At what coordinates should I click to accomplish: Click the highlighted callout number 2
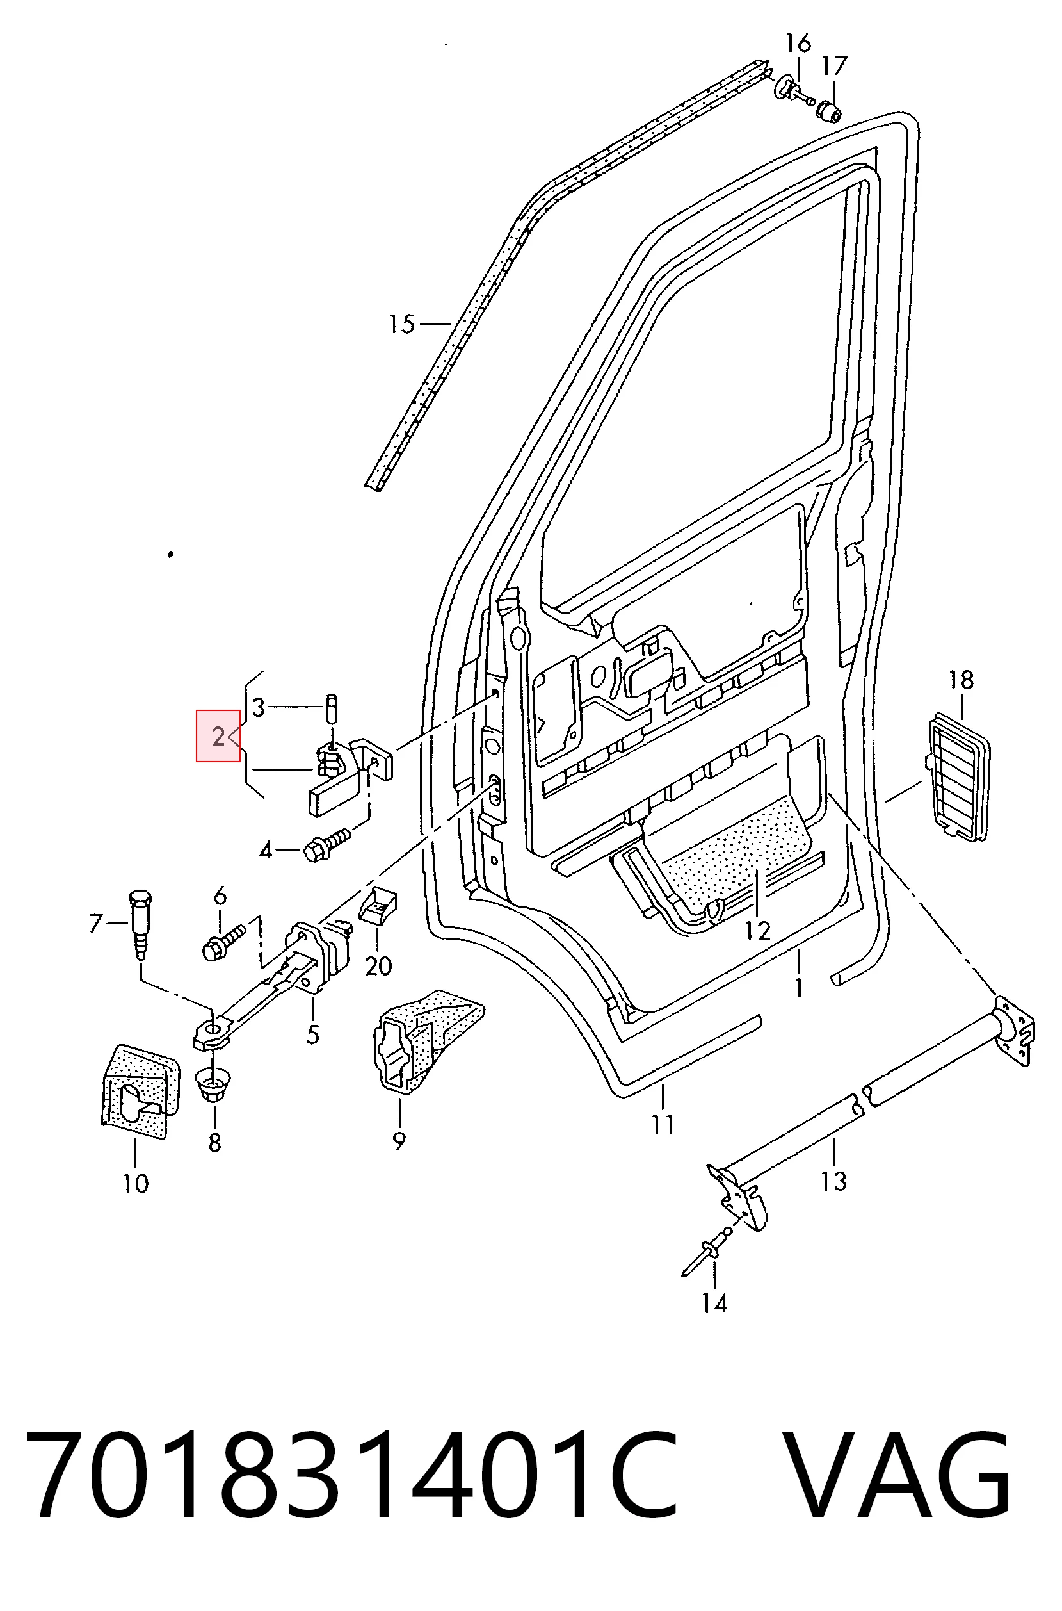coord(218,736)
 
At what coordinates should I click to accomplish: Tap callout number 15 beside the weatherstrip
coord(401,324)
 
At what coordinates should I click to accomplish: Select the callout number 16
coord(798,44)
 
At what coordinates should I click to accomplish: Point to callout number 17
coord(835,66)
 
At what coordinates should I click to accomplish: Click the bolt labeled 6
coord(223,942)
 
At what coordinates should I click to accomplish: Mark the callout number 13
coord(833,1181)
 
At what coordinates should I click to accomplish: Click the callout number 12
coord(758,930)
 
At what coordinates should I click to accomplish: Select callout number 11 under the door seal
coord(663,1125)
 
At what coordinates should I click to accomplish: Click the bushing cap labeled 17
coord(828,110)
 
